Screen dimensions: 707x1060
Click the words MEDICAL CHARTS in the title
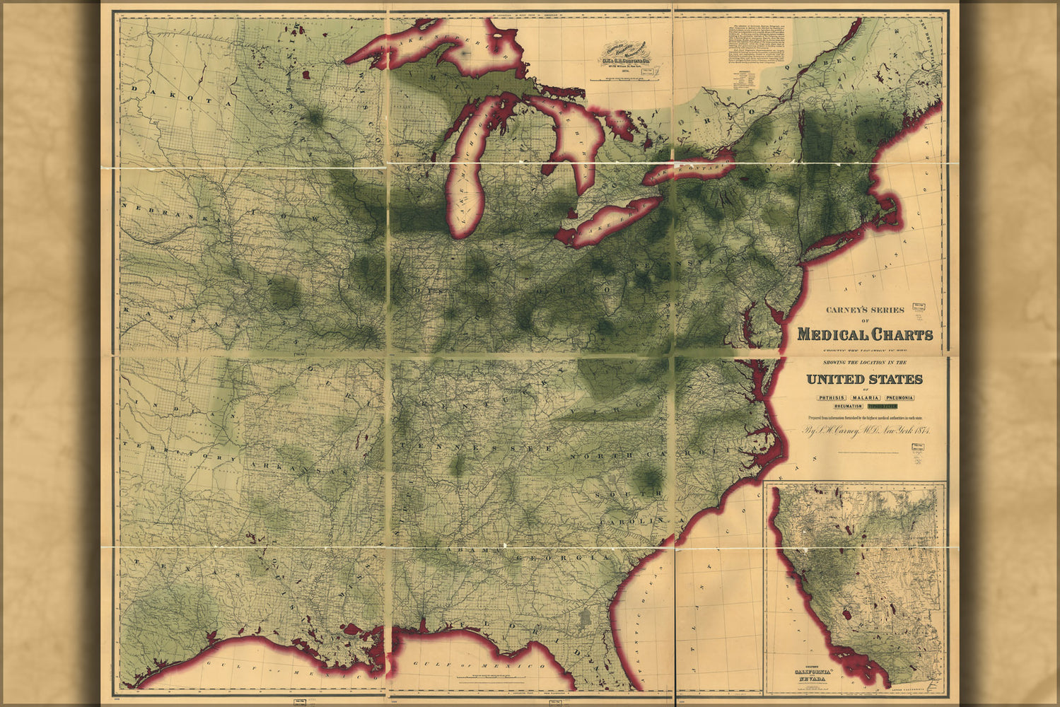pos(864,334)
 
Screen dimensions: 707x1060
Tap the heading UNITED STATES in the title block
pos(864,380)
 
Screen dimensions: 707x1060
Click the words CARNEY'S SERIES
pos(864,310)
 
